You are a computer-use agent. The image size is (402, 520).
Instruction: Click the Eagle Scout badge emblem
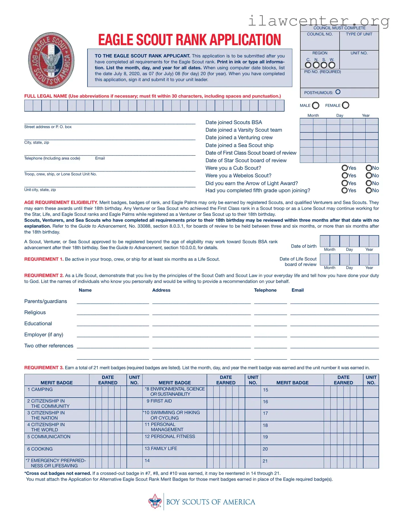(x=51, y=60)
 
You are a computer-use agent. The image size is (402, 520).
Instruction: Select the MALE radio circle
(x=316, y=106)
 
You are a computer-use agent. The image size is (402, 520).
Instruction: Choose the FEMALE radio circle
(x=346, y=105)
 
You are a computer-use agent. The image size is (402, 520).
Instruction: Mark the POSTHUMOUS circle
(x=338, y=92)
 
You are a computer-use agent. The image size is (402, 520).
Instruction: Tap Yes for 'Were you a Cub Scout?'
(x=345, y=168)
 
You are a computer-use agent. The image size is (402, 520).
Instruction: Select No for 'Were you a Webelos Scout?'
(x=369, y=176)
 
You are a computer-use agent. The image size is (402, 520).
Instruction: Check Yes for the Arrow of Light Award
(x=345, y=183)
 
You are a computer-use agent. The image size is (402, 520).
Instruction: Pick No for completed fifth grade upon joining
(x=369, y=191)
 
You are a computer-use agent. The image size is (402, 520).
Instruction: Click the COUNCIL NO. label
(x=320, y=34)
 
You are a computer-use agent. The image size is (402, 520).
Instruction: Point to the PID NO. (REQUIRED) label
(x=323, y=72)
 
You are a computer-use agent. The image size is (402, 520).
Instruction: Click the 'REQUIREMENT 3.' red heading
(x=44, y=368)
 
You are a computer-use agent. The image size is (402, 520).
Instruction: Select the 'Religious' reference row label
(x=35, y=312)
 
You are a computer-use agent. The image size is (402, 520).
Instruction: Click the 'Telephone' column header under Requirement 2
(x=265, y=290)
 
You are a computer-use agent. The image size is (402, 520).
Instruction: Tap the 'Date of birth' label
(x=304, y=246)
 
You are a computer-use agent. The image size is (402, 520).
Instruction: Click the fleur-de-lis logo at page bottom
(x=155, y=501)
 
